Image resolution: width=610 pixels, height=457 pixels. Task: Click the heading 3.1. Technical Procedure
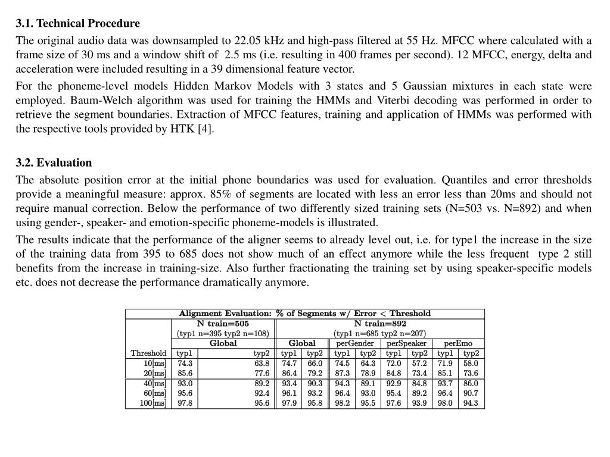click(x=78, y=24)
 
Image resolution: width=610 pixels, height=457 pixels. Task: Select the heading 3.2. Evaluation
click(x=54, y=163)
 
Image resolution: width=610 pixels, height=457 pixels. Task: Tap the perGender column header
click(x=355, y=343)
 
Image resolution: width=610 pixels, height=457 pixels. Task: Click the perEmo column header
click(x=458, y=343)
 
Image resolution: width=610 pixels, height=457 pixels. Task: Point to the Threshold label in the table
click(x=148, y=353)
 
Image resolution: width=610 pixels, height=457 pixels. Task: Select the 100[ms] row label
click(x=153, y=403)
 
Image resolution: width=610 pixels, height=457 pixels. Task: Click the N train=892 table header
click(x=380, y=324)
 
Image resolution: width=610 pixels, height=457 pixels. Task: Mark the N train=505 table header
click(x=223, y=324)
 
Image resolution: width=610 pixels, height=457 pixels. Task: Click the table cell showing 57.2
click(x=419, y=364)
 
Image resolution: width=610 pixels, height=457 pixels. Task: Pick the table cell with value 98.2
click(x=343, y=403)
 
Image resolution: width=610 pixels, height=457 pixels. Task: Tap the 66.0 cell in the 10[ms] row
click(x=315, y=364)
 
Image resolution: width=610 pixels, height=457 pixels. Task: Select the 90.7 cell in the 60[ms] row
click(x=471, y=393)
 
